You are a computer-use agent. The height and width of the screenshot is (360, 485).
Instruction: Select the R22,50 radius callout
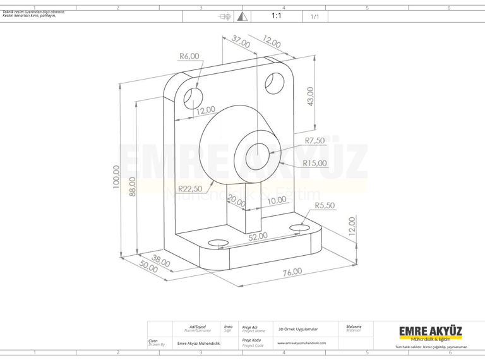(x=191, y=188)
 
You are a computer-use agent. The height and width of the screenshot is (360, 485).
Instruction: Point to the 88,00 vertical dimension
(x=133, y=186)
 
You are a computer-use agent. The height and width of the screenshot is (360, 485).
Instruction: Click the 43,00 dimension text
(x=310, y=97)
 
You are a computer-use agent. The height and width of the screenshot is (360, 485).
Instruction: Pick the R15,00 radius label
(x=314, y=163)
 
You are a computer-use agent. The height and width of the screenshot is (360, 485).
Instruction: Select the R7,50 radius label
(x=314, y=141)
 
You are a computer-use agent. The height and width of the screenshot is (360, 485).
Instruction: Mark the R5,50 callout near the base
(x=325, y=205)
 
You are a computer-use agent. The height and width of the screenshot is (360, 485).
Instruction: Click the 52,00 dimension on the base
(x=258, y=237)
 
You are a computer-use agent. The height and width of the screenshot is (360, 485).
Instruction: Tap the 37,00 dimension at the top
(x=241, y=43)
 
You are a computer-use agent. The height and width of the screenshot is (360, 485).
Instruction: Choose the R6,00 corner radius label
(x=189, y=56)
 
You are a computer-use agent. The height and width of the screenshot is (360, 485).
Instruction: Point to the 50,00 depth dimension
(x=149, y=268)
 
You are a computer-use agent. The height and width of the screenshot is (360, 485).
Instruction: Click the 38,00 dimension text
(x=160, y=261)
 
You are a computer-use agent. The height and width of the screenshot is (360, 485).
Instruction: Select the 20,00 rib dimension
(x=237, y=202)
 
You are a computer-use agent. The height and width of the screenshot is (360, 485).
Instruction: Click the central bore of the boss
(x=257, y=153)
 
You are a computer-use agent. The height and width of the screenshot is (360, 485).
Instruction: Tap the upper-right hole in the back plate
(x=273, y=82)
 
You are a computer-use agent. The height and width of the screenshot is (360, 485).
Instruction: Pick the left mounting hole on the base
(x=217, y=243)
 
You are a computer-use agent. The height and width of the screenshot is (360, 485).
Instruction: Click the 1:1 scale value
(x=276, y=16)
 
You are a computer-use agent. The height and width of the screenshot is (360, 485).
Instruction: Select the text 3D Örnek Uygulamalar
(x=298, y=329)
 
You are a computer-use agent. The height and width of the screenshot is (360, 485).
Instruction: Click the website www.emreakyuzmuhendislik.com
(x=302, y=343)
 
